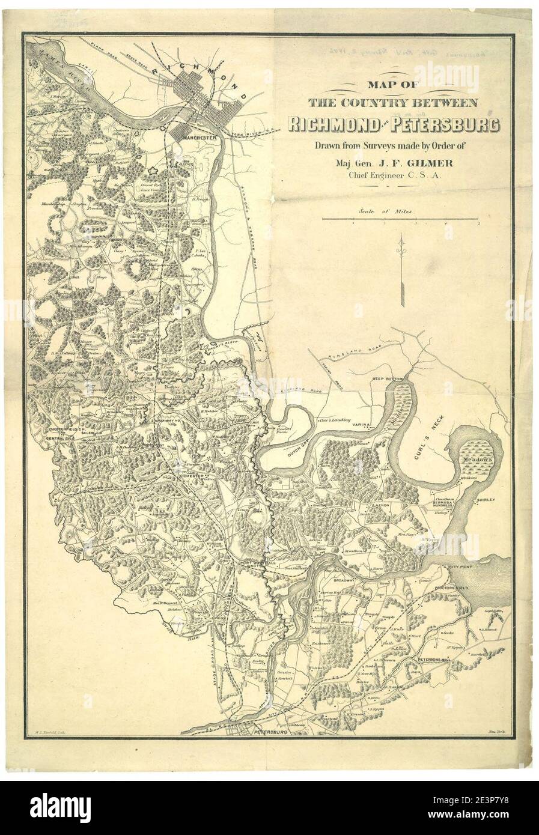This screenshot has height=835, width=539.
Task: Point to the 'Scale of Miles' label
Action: pyautogui.click(x=389, y=211)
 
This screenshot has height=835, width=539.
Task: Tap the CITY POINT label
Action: pyautogui.click(x=458, y=566)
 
